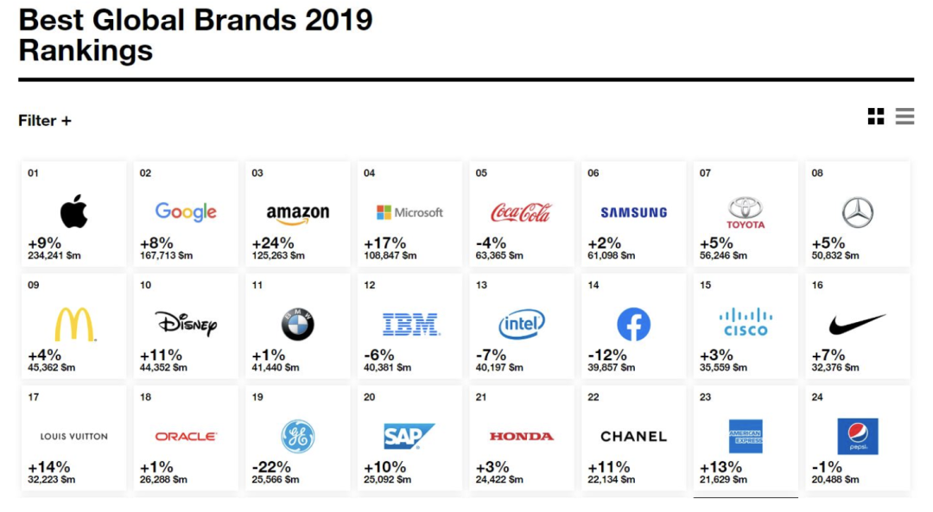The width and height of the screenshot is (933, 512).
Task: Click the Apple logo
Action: click(74, 212)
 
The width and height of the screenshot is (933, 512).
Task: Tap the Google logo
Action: click(186, 212)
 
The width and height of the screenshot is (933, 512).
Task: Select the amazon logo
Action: click(297, 213)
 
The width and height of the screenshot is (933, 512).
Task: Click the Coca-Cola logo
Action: click(521, 212)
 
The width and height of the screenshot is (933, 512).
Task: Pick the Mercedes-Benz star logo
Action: click(858, 212)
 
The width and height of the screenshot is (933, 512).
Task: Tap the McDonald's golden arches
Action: click(74, 325)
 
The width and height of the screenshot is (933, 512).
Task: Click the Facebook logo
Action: click(633, 325)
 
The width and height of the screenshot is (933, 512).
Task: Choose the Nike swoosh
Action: click(858, 325)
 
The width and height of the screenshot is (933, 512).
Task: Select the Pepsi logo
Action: click(858, 436)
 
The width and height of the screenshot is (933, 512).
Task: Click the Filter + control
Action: click(45, 121)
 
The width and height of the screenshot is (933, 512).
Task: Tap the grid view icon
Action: click(876, 117)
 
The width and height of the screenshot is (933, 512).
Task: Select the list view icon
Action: click(904, 117)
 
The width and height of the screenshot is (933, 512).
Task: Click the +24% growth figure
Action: click(273, 243)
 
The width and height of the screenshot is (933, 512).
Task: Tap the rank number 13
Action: click(481, 285)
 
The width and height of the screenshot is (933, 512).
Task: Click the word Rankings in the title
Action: click(86, 50)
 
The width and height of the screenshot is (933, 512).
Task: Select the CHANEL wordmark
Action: click(633, 437)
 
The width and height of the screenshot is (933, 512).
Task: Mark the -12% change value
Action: click(608, 355)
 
